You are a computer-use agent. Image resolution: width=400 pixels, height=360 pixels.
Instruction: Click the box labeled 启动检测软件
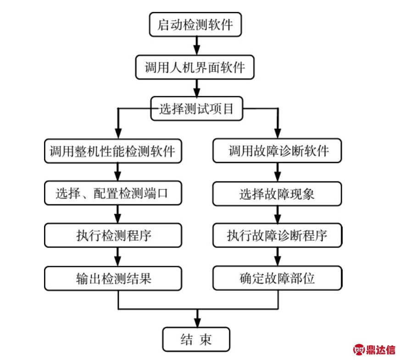click(x=195, y=25)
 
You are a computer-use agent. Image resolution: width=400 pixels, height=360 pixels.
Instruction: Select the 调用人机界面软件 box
click(x=195, y=68)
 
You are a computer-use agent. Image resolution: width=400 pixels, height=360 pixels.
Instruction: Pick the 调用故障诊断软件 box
click(x=278, y=151)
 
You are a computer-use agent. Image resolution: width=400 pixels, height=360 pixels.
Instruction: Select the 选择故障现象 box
click(x=278, y=193)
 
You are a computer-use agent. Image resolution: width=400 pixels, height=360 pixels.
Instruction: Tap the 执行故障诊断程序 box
click(x=278, y=235)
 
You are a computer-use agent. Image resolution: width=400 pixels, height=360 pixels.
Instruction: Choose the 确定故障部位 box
click(x=278, y=278)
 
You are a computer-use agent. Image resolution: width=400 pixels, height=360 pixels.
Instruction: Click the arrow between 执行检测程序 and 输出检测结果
click(x=118, y=257)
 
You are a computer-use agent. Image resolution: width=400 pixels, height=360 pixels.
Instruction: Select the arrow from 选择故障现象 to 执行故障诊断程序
click(x=278, y=214)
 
